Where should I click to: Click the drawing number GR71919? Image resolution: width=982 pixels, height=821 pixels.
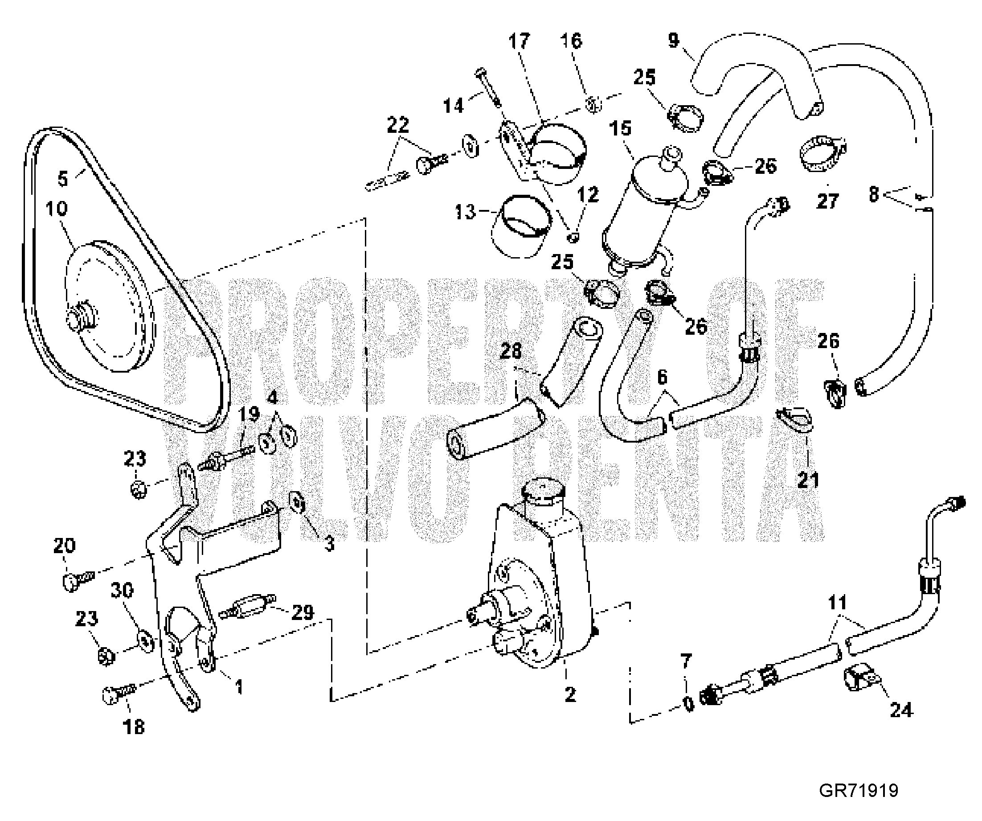(x=859, y=791)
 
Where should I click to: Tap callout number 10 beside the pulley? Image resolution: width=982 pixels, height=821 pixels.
(x=57, y=209)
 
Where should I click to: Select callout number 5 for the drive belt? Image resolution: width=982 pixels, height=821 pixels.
(x=63, y=178)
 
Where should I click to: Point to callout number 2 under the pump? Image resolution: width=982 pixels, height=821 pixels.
(x=570, y=694)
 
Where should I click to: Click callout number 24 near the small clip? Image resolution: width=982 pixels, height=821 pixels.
(x=901, y=710)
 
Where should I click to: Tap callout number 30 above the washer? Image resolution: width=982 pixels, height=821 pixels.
(x=122, y=591)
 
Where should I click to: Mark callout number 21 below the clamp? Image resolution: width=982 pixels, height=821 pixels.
(x=808, y=480)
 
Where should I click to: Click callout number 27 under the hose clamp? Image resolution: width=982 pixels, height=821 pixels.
(x=827, y=201)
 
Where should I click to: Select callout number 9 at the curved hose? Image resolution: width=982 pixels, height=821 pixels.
(x=673, y=40)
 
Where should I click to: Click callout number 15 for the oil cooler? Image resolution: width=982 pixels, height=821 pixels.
(x=621, y=128)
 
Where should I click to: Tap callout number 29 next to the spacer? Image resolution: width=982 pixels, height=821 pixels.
(x=303, y=612)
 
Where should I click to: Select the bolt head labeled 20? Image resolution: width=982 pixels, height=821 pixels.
(x=70, y=583)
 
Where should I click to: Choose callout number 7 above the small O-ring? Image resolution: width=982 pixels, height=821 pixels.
(x=686, y=661)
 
